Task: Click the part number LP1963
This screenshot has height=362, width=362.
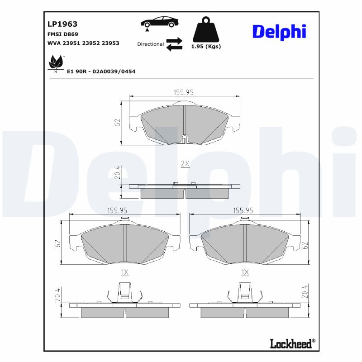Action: click(62, 24)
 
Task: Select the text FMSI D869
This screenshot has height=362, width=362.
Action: click(63, 34)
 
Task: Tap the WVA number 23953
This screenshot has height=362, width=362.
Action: click(111, 43)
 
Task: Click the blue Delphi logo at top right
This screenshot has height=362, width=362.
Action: click(279, 31)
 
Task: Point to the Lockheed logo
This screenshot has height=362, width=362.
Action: click(291, 343)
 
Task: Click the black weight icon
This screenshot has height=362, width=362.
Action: click(206, 30)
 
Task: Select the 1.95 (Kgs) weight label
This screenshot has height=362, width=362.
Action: click(206, 47)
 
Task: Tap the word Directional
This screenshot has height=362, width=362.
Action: click(150, 44)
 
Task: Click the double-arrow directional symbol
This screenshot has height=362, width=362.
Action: click(174, 44)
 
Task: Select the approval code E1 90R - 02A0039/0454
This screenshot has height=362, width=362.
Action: click(101, 71)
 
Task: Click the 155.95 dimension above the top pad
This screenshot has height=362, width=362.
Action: click(184, 92)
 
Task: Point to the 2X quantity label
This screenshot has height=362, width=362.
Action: click(185, 164)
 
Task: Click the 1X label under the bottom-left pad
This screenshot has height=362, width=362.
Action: click(125, 272)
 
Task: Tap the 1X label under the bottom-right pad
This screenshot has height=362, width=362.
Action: click(245, 272)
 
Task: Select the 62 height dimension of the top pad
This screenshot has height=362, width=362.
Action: click(117, 123)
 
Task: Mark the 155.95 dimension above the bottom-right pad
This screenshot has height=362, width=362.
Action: click(243, 210)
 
